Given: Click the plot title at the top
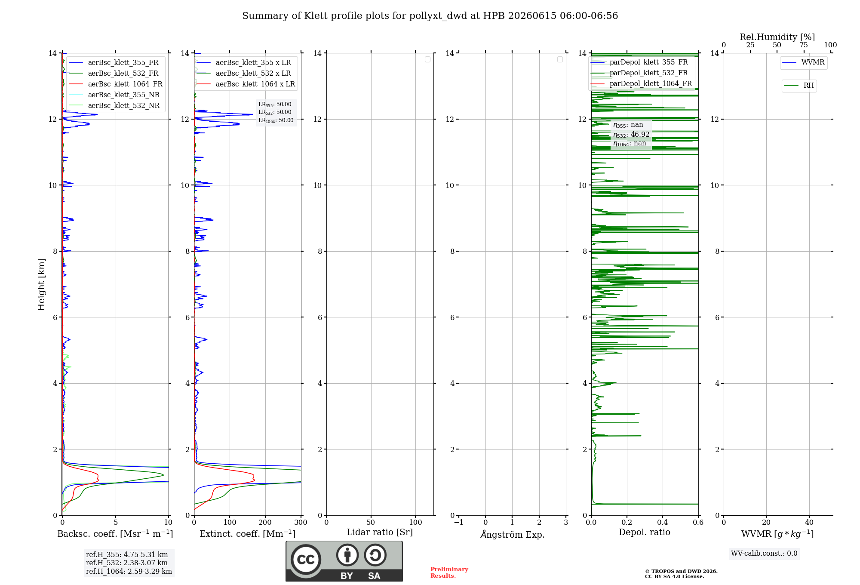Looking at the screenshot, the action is click(x=430, y=16).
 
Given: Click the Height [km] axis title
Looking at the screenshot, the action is click(x=41, y=284).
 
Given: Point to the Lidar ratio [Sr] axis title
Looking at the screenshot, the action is click(x=380, y=533).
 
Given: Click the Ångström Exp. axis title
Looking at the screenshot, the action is click(x=513, y=534).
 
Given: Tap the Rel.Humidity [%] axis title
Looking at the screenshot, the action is click(x=777, y=37).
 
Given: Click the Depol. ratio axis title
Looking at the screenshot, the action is click(x=645, y=533).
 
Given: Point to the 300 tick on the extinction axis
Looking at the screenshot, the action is click(x=301, y=523).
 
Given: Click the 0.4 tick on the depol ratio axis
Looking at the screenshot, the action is click(x=663, y=523).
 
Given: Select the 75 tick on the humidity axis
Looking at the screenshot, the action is click(x=804, y=45).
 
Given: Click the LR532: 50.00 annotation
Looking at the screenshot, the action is click(x=275, y=112).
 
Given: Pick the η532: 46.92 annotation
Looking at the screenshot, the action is click(x=631, y=135).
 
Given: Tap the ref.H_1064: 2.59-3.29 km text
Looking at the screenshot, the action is click(x=129, y=572).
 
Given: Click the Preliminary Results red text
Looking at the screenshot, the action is click(x=449, y=573).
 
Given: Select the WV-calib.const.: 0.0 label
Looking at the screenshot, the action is click(x=764, y=554).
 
